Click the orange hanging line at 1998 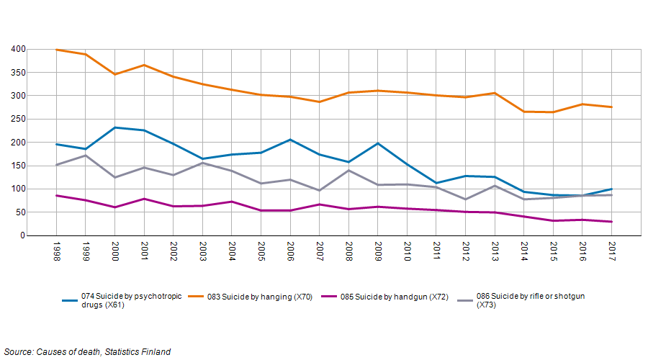(56, 50)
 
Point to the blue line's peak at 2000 (114, 127)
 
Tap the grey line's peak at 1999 (86, 156)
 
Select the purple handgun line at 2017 (611, 222)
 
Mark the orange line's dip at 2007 (319, 102)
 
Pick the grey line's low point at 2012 (465, 199)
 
